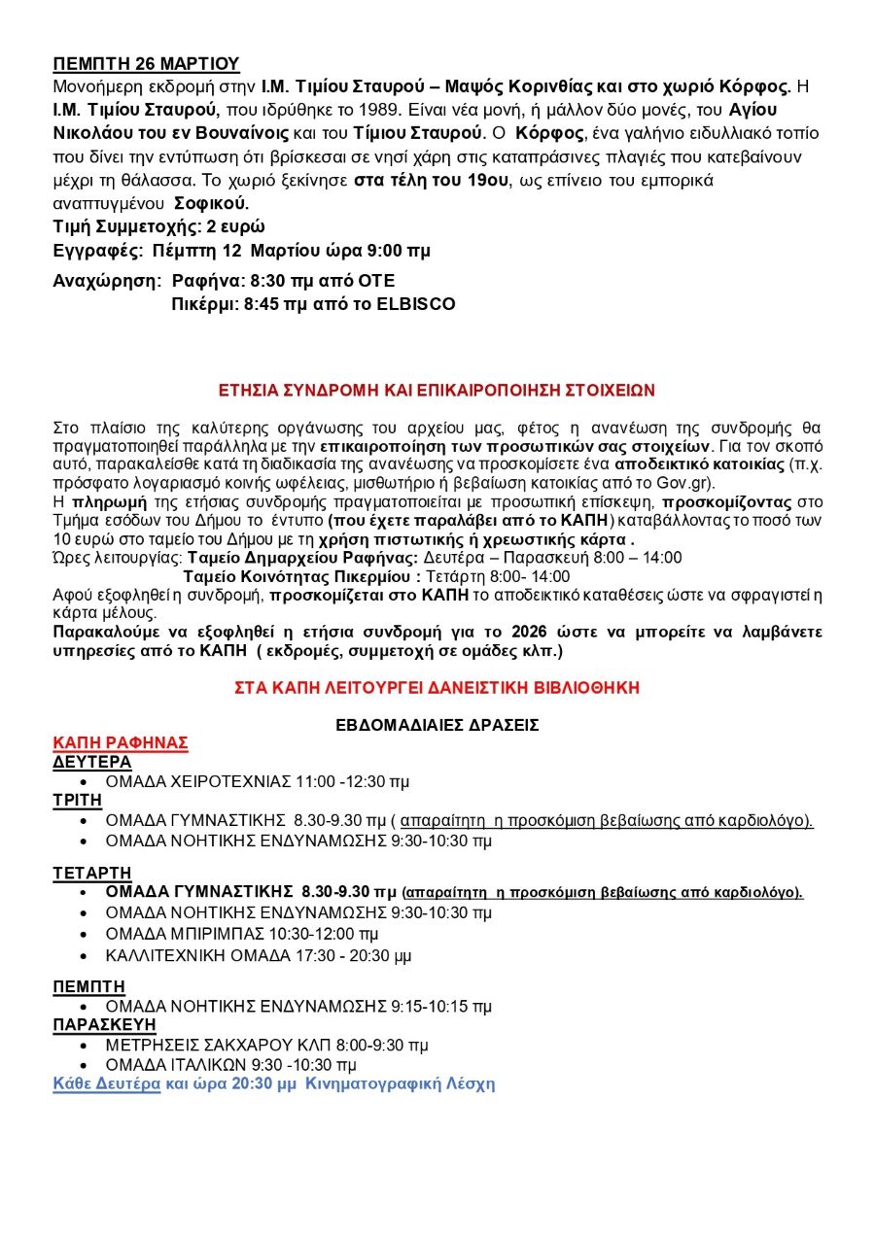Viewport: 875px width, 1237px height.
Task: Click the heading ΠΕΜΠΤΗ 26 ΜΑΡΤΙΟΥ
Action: pos(146,64)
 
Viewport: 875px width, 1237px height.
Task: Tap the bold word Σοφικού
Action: pos(211,203)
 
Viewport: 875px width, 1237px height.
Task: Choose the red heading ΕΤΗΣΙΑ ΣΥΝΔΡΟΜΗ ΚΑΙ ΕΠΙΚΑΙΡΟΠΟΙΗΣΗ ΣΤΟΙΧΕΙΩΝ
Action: pos(437,391)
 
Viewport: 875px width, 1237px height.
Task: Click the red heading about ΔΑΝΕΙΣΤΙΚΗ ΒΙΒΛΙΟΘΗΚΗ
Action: pos(437,687)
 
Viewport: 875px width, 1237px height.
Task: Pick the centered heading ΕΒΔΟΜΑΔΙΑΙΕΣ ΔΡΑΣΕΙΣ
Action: pos(437,725)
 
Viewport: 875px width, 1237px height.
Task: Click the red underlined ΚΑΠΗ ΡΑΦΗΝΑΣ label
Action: pos(121,742)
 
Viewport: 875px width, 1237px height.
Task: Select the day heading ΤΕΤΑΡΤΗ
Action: pos(92,873)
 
